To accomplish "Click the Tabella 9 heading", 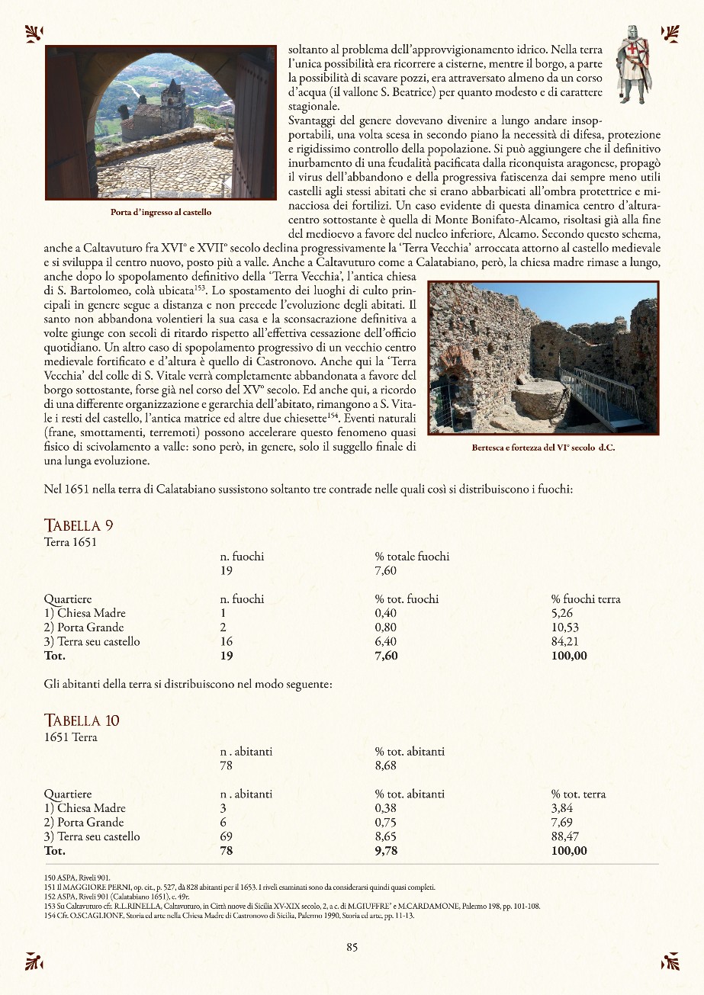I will [x=79, y=525].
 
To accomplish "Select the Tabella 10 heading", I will [x=82, y=721].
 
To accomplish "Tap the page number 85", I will [x=352, y=947].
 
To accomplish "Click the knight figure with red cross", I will [x=633, y=65].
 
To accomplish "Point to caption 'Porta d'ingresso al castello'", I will [x=161, y=212].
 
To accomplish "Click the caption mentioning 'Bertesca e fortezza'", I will [x=543, y=448].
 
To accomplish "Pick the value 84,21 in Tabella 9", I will [x=565, y=641].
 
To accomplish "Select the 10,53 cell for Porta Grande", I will [x=565, y=627].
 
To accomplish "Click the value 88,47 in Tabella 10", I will [x=565, y=836].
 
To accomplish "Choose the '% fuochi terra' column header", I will [x=585, y=599].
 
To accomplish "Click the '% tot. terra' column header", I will [x=578, y=794].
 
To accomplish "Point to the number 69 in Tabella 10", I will [x=226, y=836].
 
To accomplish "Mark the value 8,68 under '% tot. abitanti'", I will [x=386, y=766].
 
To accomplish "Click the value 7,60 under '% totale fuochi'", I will [x=386, y=570].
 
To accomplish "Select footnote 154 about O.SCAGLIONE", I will [x=229, y=915].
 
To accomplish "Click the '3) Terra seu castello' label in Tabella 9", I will [x=92, y=641].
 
